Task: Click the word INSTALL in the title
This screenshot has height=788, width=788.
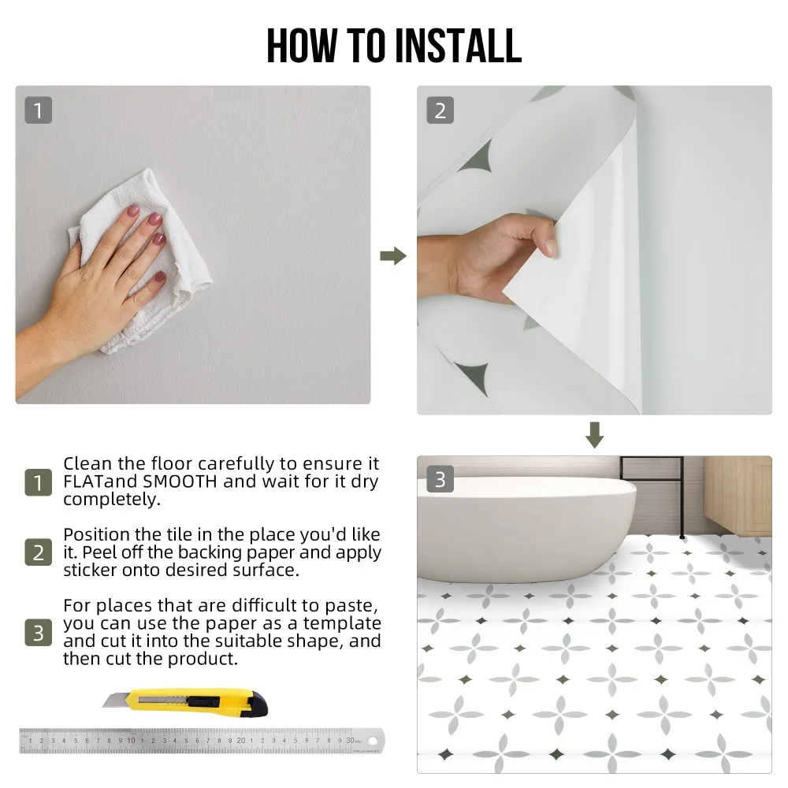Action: (x=459, y=46)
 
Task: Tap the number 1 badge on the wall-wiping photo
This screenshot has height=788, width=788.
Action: (x=38, y=110)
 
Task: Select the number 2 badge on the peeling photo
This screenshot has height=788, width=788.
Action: (x=440, y=110)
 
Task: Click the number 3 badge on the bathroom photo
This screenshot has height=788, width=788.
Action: (x=440, y=479)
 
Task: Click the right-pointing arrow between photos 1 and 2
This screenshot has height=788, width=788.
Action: (x=393, y=256)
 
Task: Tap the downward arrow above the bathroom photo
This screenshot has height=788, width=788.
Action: (x=594, y=435)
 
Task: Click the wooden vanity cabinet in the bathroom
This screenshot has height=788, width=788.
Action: (x=738, y=495)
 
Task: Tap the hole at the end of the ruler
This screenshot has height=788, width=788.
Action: (x=373, y=741)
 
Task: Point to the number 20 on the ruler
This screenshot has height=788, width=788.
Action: (x=241, y=740)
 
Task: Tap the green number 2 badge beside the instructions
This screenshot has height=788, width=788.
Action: (x=38, y=552)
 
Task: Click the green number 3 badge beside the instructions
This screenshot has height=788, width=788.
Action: (x=38, y=633)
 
